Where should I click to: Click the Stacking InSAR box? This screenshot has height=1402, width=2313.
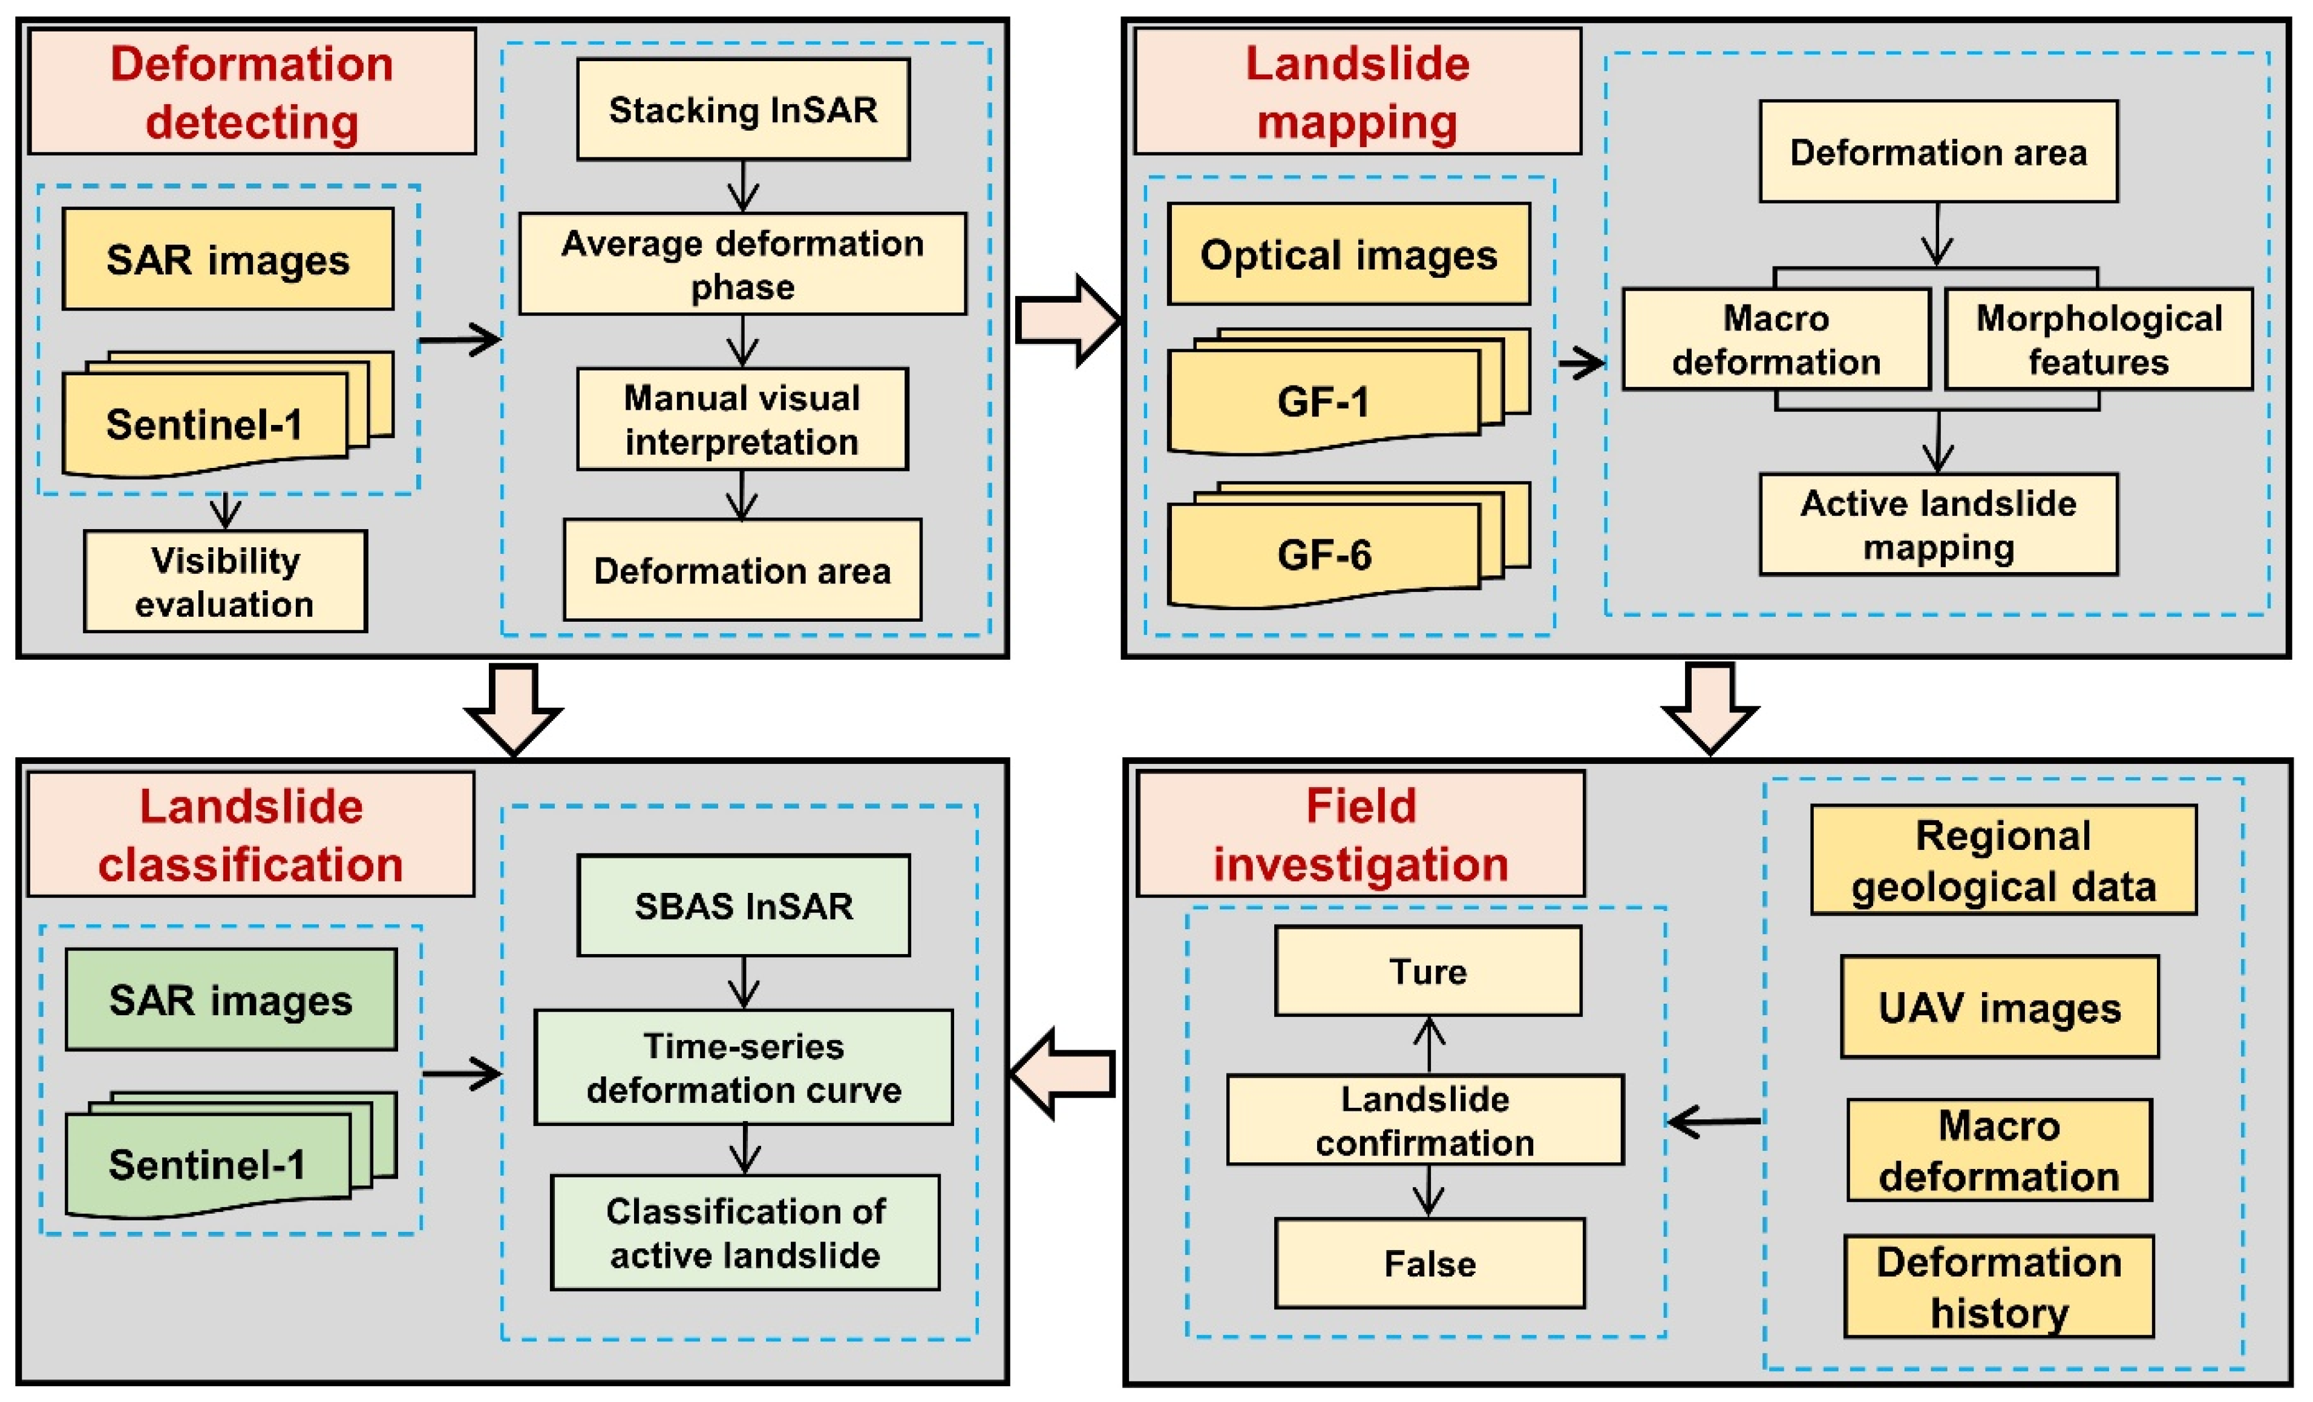coord(742,110)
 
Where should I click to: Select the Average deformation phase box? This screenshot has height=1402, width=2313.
coord(742,264)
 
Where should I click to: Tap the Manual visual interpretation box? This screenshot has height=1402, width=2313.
coord(742,419)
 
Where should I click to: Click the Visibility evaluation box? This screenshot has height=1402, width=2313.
coord(225,581)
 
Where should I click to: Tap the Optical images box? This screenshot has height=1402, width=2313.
coord(1349,254)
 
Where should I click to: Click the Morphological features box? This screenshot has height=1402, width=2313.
coord(2099,339)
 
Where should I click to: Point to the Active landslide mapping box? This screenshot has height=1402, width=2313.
coord(1938,524)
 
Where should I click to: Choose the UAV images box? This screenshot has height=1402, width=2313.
coord(2000,1007)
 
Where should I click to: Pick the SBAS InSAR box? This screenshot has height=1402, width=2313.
coord(744,905)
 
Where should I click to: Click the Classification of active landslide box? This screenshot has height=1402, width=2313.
coord(745,1232)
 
